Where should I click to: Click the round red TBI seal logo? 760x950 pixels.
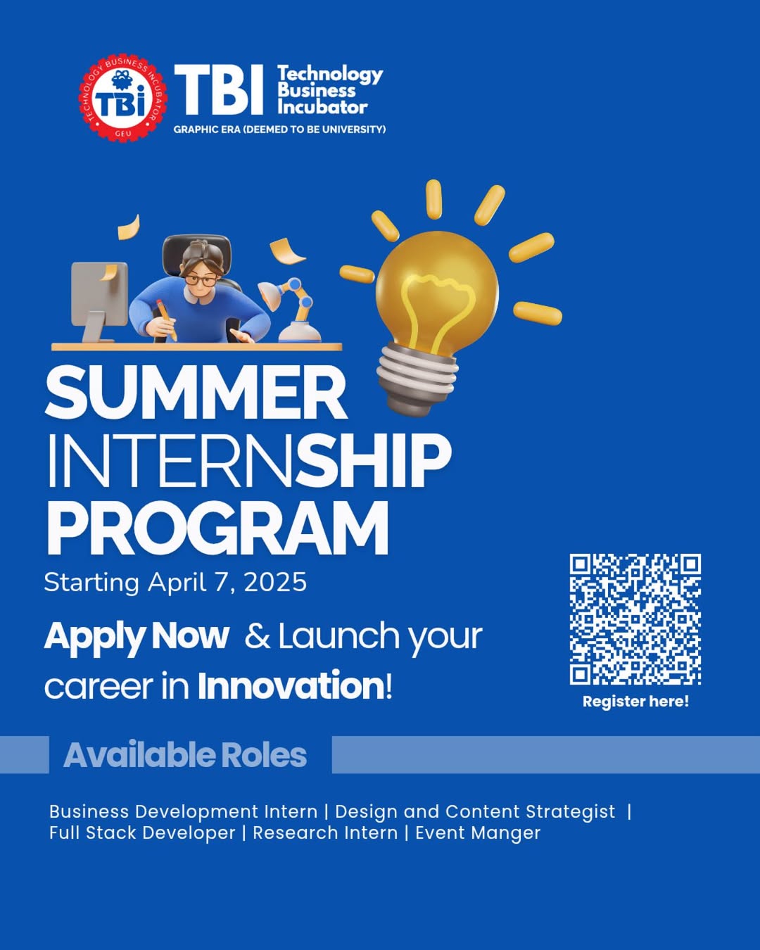(123, 98)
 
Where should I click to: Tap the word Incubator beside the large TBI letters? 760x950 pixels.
(322, 108)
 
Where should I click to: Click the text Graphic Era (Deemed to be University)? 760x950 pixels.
(279, 129)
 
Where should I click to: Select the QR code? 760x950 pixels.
(635, 619)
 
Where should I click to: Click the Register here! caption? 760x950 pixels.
(635, 702)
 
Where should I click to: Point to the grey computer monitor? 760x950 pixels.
(99, 296)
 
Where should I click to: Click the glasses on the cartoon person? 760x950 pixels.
(201, 279)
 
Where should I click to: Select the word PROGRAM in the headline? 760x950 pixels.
(217, 529)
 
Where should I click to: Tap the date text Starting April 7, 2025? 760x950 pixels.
(175, 583)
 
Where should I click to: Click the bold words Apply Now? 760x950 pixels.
(137, 636)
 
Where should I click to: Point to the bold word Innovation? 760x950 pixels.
(291, 686)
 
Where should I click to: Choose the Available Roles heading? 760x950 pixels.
(185, 755)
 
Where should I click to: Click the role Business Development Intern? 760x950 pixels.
(183, 812)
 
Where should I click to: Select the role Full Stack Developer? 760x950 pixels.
(142, 833)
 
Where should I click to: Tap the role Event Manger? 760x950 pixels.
(478, 833)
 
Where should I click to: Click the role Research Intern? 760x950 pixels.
(325, 833)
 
